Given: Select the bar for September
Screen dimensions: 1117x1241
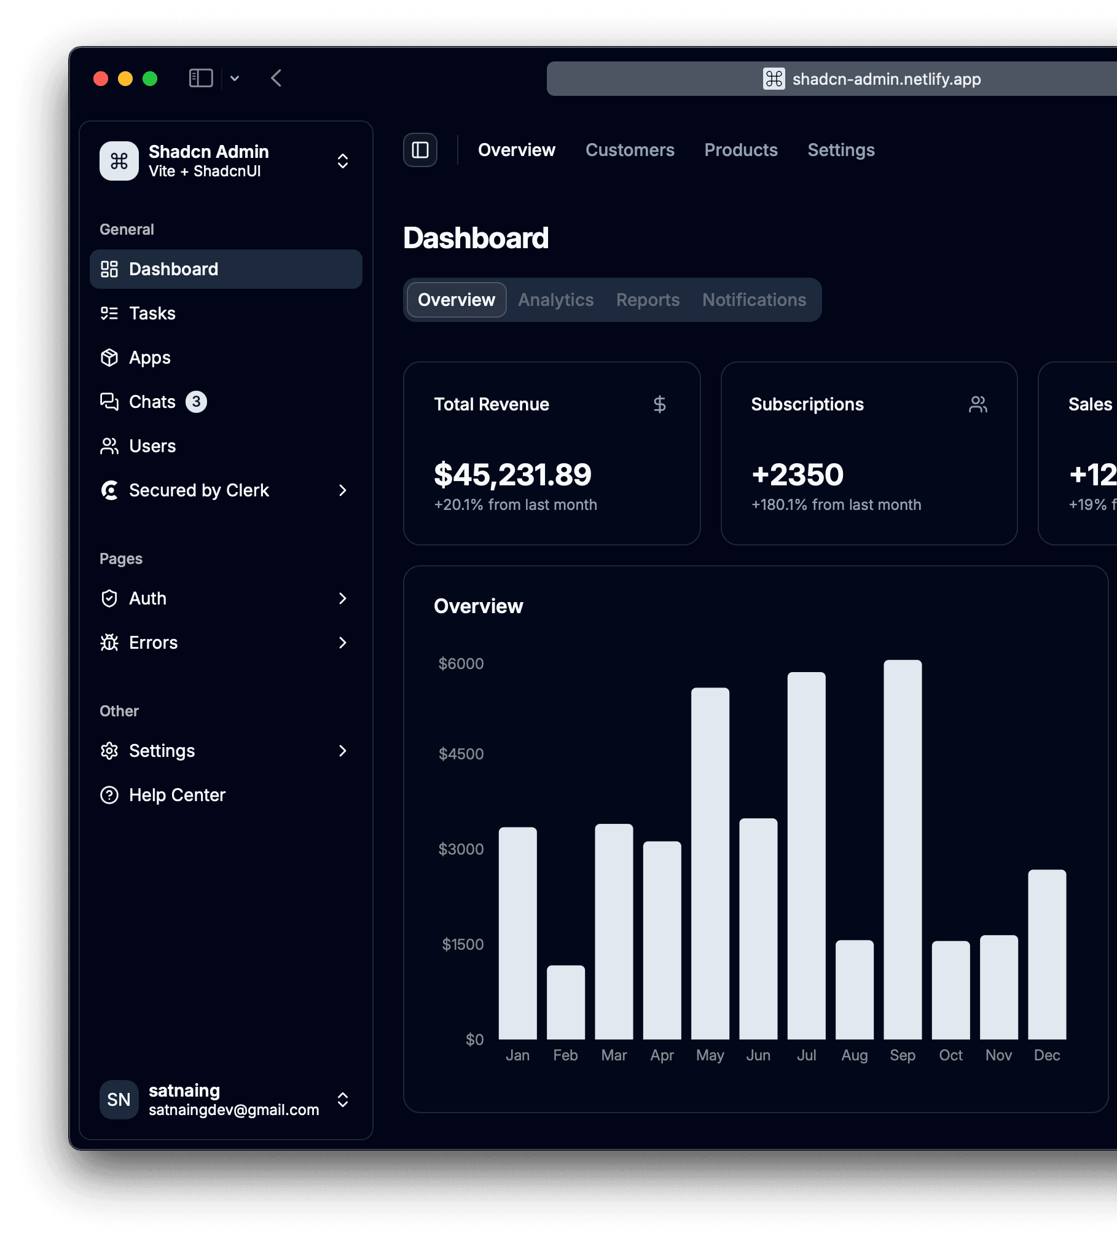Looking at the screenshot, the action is (x=903, y=850).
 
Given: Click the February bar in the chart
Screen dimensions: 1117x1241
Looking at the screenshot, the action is (x=566, y=1002).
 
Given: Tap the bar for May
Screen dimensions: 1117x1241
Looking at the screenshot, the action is (x=710, y=863).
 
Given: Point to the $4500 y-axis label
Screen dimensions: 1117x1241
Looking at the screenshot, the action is (x=461, y=754).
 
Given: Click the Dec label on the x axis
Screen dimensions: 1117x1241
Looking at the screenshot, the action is (x=1047, y=1055).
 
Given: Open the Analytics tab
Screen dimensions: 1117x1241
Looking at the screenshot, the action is (x=556, y=300).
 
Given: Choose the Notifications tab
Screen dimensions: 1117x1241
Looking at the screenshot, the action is (x=754, y=300).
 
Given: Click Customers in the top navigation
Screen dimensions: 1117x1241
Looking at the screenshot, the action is (x=630, y=150).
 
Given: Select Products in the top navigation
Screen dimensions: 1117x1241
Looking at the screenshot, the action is (x=741, y=150).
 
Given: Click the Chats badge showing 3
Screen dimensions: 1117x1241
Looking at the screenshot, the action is (x=196, y=402).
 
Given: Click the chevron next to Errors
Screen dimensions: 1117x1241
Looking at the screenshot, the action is (x=343, y=643).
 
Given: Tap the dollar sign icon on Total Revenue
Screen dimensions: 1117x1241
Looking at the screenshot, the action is (x=660, y=404).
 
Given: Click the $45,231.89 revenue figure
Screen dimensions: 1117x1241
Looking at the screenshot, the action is (x=512, y=474).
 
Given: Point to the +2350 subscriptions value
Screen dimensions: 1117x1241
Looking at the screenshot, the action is (x=798, y=474).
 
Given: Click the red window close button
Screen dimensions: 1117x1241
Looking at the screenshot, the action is (x=101, y=79).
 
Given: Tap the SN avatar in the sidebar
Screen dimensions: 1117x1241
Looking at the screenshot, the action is (x=119, y=1100).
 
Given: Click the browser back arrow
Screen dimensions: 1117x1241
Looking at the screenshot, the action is (x=276, y=78).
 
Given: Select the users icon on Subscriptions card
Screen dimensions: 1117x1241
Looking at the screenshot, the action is (x=978, y=404).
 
